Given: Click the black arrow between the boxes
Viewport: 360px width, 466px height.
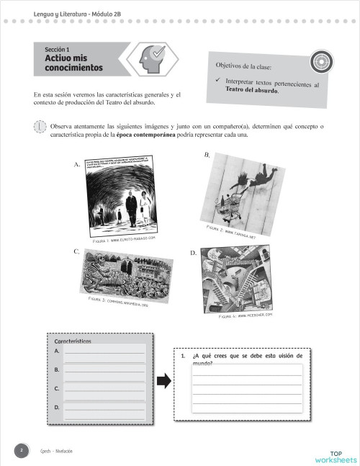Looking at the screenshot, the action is click(x=163, y=381).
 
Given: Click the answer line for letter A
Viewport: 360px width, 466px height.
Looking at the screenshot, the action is click(x=104, y=354).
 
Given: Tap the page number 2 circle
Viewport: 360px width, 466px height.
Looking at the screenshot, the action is click(x=22, y=450).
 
